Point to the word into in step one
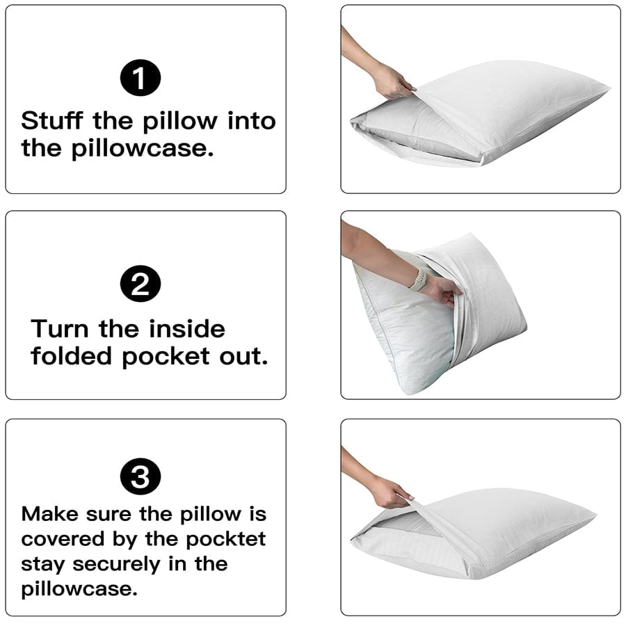point(252,120)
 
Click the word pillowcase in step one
point(142,149)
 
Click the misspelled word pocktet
point(227,538)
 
